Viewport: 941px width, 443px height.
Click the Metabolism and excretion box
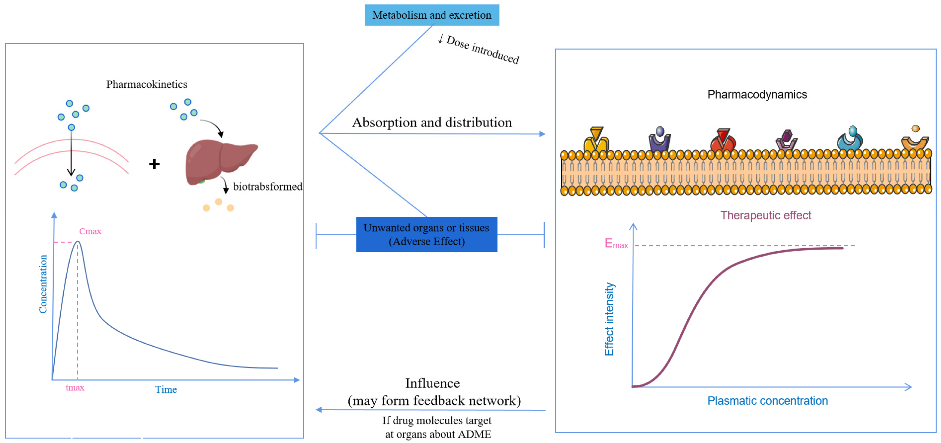tap(431, 15)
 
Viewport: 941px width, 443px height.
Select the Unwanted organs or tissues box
tap(426, 234)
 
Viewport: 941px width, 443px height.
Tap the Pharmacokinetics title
tap(147, 84)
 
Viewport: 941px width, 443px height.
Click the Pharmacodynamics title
tap(757, 95)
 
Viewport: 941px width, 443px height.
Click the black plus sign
tap(154, 164)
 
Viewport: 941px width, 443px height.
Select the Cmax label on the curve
tap(90, 231)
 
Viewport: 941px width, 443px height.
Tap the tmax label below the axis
tap(75, 387)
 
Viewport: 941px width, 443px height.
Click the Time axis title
tap(166, 389)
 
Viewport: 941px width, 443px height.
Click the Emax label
tap(616, 244)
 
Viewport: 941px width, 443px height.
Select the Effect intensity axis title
tap(609, 319)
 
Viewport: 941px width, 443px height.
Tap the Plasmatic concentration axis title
tap(767, 401)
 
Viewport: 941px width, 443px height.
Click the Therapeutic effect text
tap(765, 215)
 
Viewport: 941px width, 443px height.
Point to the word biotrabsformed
tap(268, 187)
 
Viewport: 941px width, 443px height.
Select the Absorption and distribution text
tap(432, 122)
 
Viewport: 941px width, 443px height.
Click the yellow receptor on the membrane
tap(596, 140)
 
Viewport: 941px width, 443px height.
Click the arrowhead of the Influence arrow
tap(319, 410)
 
